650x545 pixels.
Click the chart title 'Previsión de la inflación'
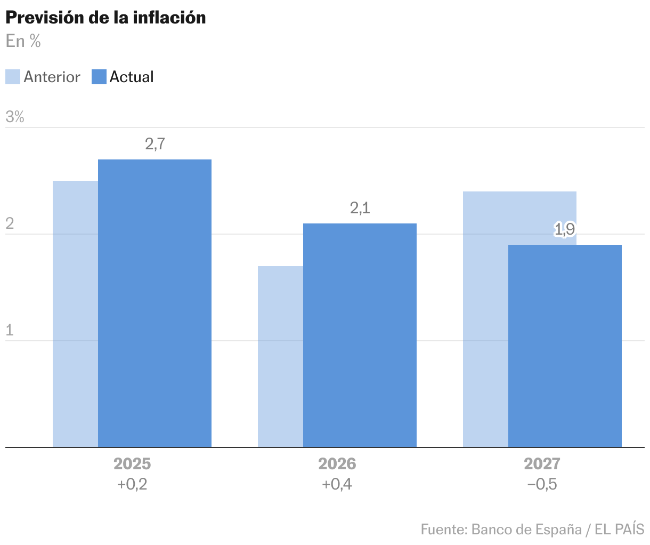(105, 18)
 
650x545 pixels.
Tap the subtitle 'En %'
(23, 41)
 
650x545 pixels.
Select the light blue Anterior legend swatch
(13, 77)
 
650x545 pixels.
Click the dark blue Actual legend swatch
(99, 77)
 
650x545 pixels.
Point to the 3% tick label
(15, 117)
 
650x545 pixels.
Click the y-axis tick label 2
(10, 224)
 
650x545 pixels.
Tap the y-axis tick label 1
(9, 331)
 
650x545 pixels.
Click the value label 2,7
(155, 144)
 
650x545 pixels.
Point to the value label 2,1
(360, 208)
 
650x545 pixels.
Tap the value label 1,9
(565, 230)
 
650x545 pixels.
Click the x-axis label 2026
(337, 464)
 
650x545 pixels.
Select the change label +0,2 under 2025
(132, 485)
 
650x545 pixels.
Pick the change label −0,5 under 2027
(542, 485)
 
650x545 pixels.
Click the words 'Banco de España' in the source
(526, 530)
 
